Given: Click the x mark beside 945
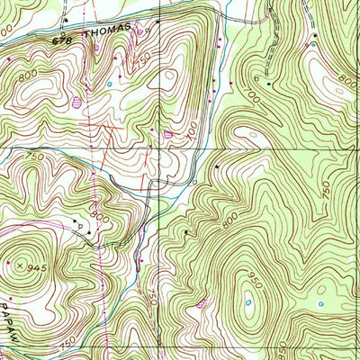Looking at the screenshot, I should pyautogui.click(x=19, y=265).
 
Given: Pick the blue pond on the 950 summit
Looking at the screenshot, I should pyautogui.click(x=247, y=302).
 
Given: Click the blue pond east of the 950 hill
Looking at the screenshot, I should pyautogui.click(x=320, y=303).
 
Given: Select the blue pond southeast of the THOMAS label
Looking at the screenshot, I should pyautogui.click(x=111, y=85).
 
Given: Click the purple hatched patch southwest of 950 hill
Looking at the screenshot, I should pyautogui.click(x=201, y=303).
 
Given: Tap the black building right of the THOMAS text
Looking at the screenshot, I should pyautogui.click(x=157, y=20).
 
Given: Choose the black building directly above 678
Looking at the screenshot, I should pyautogui.click(x=67, y=17).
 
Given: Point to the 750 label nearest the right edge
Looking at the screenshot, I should pyautogui.click(x=327, y=191).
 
